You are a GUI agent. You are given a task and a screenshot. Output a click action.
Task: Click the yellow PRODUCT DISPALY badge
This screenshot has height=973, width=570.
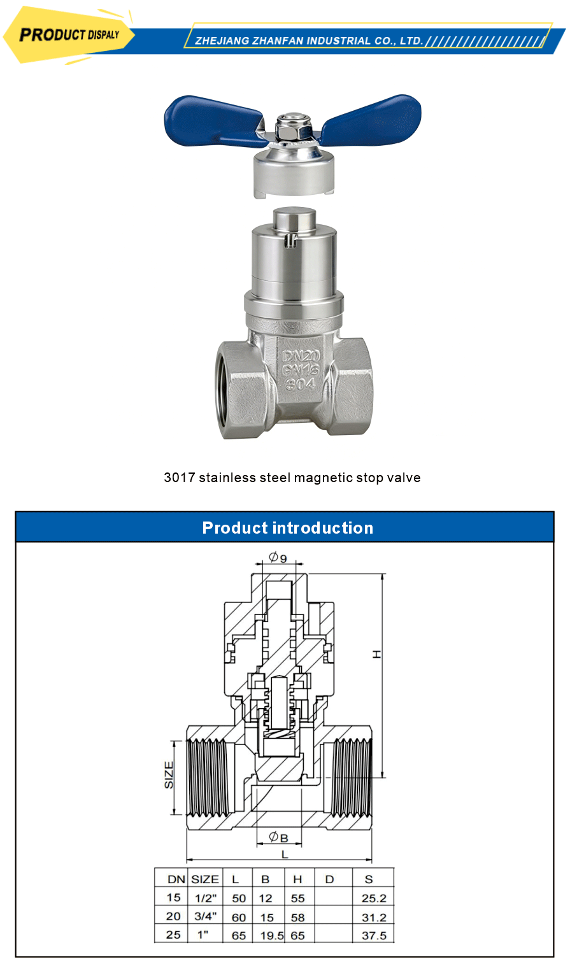coord(69,35)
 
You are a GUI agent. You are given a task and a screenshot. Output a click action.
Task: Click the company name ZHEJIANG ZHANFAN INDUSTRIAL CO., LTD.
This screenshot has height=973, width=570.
coord(309,41)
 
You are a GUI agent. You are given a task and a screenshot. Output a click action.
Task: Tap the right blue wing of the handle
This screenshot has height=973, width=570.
coord(373,119)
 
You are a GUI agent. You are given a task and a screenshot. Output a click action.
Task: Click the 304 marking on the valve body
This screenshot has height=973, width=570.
coord(300,385)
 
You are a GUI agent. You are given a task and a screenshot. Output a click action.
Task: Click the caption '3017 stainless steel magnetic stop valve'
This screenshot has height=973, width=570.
coord(292,478)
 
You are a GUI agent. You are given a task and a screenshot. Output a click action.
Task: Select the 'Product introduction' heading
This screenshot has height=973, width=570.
coord(287,528)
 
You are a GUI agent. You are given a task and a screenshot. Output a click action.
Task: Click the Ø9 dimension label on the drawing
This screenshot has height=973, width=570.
coord(278,558)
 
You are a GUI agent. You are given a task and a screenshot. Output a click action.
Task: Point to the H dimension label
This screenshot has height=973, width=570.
coord(377,654)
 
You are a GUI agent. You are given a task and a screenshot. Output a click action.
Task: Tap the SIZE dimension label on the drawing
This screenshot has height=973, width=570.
coord(169,775)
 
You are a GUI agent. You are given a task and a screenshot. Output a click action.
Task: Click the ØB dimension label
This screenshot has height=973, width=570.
coord(278,837)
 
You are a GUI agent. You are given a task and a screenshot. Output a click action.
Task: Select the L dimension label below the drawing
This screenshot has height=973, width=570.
coord(285,854)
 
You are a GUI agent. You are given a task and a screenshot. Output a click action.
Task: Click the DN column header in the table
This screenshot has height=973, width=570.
coord(176,879)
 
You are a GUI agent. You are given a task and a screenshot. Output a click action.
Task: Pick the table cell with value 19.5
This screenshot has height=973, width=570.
coord(271,936)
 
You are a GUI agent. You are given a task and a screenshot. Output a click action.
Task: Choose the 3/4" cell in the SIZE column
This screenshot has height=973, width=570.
coord(205,917)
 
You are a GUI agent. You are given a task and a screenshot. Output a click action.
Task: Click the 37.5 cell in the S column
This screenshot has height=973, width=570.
coord(374,936)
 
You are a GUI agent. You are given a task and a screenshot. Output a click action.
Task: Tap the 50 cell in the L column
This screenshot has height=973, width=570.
coord(239,898)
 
